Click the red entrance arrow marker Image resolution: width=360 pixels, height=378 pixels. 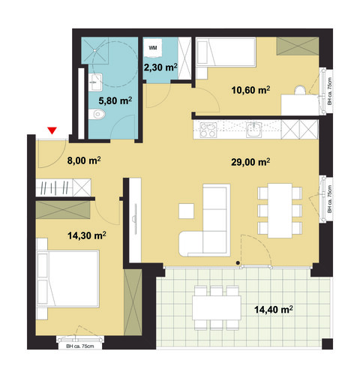[x=52, y=132]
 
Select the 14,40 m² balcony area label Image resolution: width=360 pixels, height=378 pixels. [x=274, y=307]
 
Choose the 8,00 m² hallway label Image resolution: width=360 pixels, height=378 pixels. [x=84, y=160]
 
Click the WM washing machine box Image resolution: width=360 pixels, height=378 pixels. [x=154, y=47]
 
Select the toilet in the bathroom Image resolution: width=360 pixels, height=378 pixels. [x=94, y=115]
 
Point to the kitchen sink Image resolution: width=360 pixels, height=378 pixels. [x=255, y=129]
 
